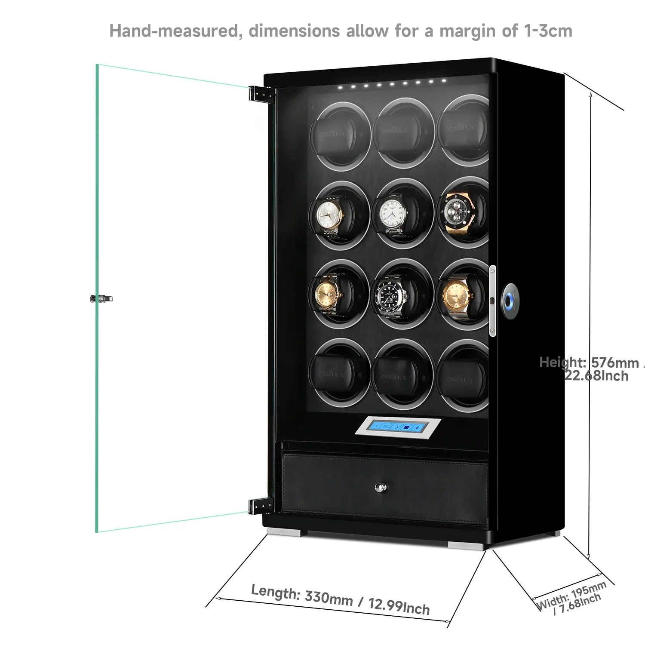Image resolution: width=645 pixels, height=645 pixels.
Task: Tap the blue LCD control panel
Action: click(399, 428)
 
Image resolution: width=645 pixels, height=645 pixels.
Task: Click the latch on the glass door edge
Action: click(101, 298)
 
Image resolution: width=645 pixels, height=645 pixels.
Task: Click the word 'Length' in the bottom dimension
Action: click(275, 592)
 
